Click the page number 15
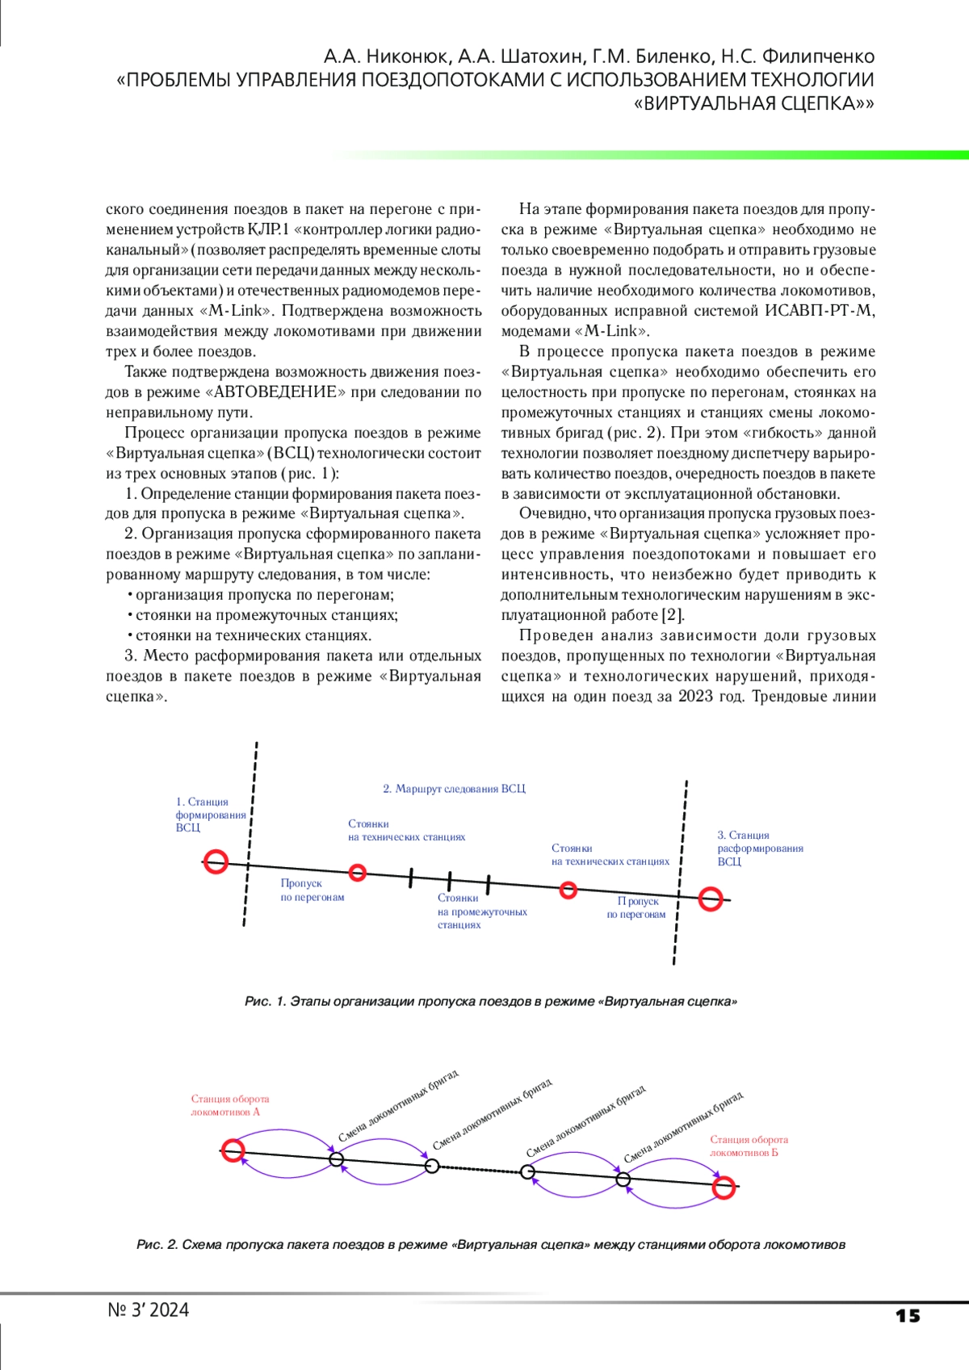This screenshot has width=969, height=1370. click(x=908, y=1316)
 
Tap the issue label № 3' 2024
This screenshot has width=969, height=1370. click(x=149, y=1310)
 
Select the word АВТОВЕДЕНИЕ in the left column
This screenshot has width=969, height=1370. click(x=275, y=392)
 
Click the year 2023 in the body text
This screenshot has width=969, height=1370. click(x=695, y=697)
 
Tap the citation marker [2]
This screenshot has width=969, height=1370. click(x=673, y=615)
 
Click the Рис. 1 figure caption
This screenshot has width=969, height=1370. click(x=490, y=1002)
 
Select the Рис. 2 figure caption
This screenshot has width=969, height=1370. click(x=490, y=1245)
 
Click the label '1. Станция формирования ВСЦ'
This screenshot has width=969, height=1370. click(x=210, y=815)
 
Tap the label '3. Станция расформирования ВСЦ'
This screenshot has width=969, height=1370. click(x=760, y=848)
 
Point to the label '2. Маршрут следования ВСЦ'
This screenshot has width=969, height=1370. click(x=454, y=789)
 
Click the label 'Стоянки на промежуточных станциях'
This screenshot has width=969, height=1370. click(x=481, y=911)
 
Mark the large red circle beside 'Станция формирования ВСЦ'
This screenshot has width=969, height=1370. click(x=216, y=861)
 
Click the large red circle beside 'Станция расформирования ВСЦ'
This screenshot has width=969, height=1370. click(x=711, y=899)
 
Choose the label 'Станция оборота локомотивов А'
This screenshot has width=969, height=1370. click(x=230, y=1105)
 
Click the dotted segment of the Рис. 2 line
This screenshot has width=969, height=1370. click(x=480, y=1169)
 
